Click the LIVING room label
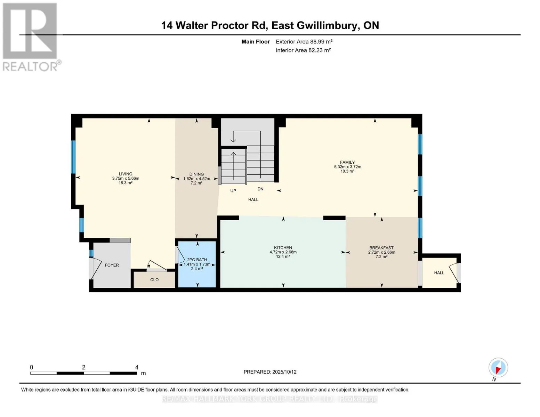click(x=126, y=174)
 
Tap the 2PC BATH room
click(x=197, y=264)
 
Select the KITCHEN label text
click(x=283, y=248)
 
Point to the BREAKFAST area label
click(x=381, y=248)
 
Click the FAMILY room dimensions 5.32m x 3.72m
click(x=347, y=167)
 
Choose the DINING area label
click(x=196, y=174)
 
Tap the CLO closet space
click(x=154, y=280)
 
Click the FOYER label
click(x=112, y=265)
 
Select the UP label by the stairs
click(x=233, y=191)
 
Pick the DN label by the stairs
click(x=260, y=189)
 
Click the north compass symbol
click(x=498, y=368)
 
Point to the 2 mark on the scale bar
click(x=84, y=367)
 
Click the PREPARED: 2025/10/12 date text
click(x=270, y=372)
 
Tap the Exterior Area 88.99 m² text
click(x=304, y=41)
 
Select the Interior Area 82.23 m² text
click(x=303, y=50)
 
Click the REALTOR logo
click(x=31, y=36)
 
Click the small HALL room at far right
click(x=439, y=273)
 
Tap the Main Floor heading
click(x=256, y=41)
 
